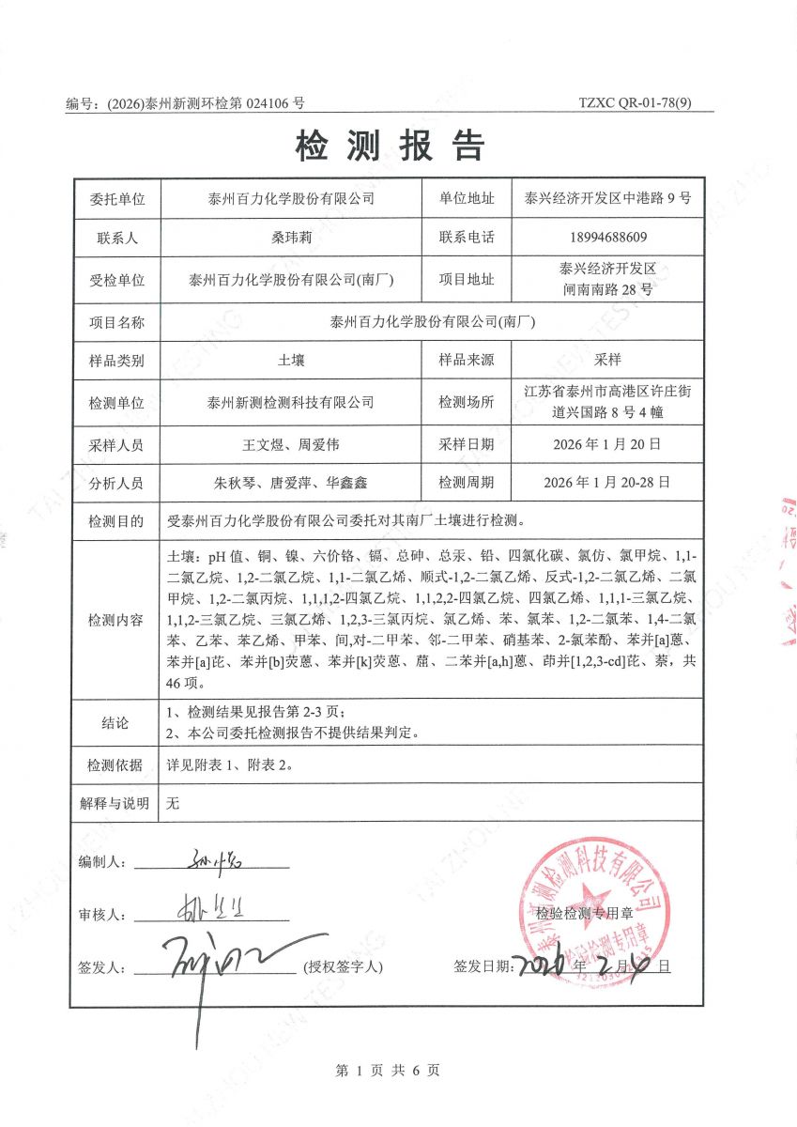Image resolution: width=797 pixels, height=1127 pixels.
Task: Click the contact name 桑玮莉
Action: pyautogui.click(x=290, y=238)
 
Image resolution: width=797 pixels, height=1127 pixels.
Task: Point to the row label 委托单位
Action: pyautogui.click(x=117, y=198)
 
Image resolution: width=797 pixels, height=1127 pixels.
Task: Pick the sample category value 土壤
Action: pyautogui.click(x=291, y=360)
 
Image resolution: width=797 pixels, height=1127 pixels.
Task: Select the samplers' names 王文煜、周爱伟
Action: pyautogui.click(x=290, y=442)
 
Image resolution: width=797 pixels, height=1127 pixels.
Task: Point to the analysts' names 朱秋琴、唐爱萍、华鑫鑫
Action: pyautogui.click(x=290, y=483)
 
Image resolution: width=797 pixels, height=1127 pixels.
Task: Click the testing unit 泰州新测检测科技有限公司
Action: pyautogui.click(x=290, y=402)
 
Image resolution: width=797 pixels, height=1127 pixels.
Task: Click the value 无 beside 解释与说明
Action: pyautogui.click(x=172, y=803)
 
